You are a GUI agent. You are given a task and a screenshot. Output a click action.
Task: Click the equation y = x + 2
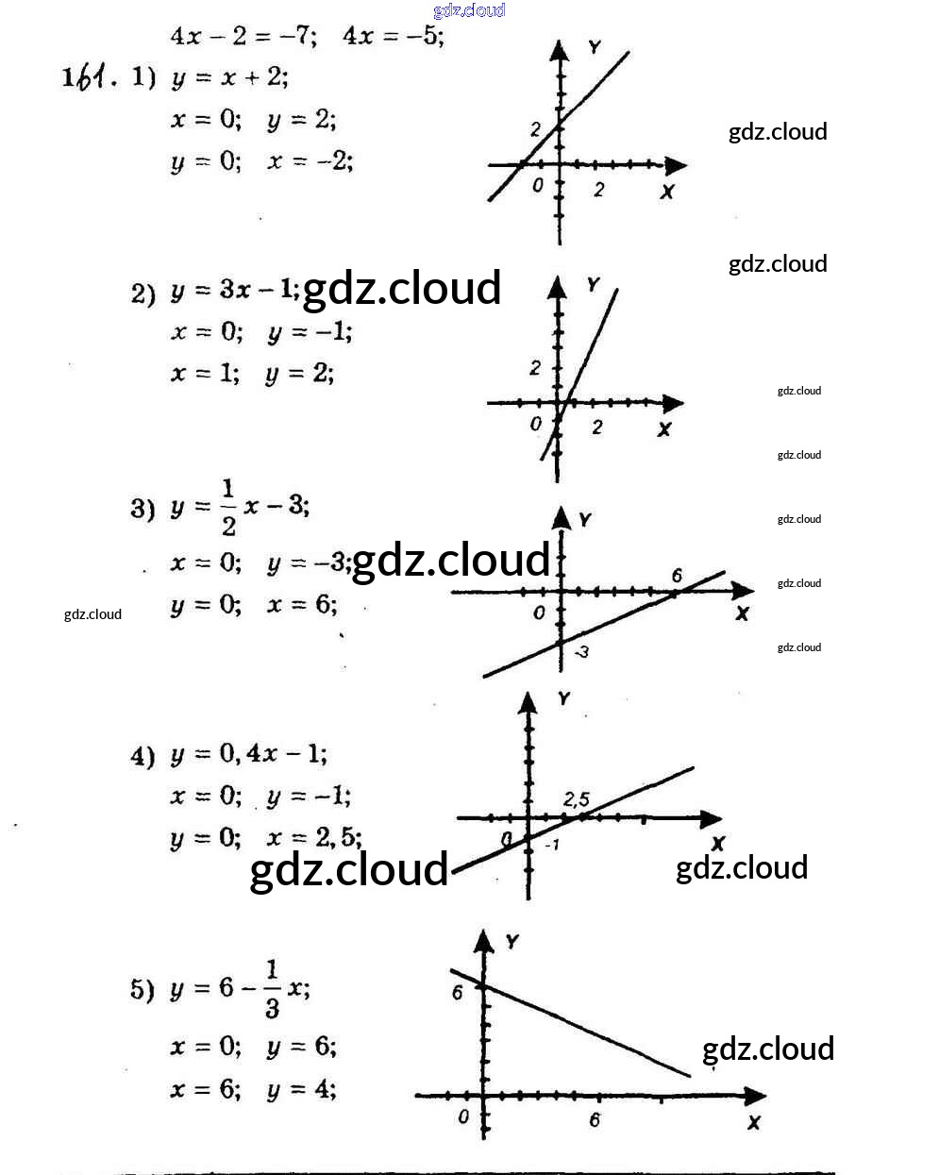tap(229, 77)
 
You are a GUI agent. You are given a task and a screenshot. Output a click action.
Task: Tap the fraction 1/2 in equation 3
tap(227, 508)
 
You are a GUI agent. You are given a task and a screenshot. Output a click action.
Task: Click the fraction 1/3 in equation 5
tap(272, 989)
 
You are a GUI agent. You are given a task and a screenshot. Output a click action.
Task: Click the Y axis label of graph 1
tap(594, 47)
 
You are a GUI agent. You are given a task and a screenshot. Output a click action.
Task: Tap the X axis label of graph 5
tap(753, 1122)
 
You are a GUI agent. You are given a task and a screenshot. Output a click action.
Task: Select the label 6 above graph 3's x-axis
tap(677, 576)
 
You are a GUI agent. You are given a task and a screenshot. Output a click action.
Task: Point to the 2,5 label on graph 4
tap(576, 800)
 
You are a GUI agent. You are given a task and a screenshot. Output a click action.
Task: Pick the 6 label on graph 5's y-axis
tap(458, 992)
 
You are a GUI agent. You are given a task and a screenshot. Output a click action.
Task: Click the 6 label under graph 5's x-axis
tap(595, 1120)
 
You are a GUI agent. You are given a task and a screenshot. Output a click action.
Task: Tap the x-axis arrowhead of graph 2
tap(673, 404)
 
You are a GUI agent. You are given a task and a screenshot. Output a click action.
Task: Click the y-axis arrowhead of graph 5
tap(484, 940)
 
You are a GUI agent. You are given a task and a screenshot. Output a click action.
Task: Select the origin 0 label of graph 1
tap(538, 186)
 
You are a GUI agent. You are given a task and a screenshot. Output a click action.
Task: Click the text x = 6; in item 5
tap(205, 1089)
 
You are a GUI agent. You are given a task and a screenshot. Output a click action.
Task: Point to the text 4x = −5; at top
tap(393, 36)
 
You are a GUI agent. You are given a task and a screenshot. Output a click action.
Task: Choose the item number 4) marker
tap(143, 756)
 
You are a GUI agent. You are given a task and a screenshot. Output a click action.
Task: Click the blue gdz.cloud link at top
tap(469, 10)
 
